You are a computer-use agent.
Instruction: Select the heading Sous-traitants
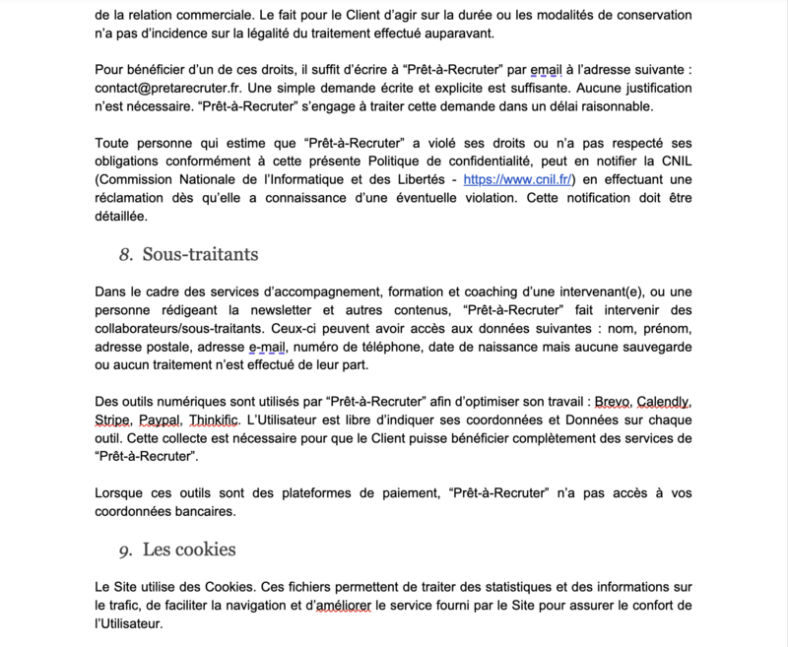coord(200,254)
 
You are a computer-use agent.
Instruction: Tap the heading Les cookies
coord(189,549)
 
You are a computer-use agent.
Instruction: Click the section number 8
coord(125,255)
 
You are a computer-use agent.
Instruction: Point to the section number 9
coord(125,550)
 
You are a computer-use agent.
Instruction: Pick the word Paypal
coord(168,421)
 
